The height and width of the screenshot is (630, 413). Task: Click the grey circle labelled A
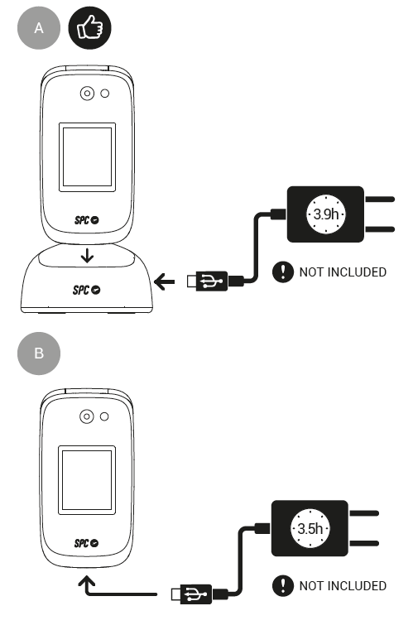pos(39,28)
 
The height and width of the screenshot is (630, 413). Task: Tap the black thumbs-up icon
pos(89,28)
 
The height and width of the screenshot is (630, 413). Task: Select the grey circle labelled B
pos(39,353)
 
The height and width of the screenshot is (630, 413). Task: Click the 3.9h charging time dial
pos(326,214)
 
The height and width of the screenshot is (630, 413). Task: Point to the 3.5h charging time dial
pos(310,528)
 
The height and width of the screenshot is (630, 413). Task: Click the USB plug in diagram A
pos(208,281)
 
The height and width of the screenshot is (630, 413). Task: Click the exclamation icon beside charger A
pos(283,272)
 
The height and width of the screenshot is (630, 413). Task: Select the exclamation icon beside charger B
pos(283,586)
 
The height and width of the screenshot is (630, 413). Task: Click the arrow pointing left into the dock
pos(165,281)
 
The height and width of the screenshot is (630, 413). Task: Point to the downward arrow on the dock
pos(87,255)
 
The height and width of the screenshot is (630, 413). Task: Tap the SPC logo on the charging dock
pos(87,290)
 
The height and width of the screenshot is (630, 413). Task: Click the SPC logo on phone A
pos(87,219)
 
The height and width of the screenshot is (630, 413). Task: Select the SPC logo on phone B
pos(87,543)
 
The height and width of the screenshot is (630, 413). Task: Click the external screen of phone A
pos(87,157)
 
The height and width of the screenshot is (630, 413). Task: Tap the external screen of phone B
pos(87,480)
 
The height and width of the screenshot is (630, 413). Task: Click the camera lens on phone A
pos(87,94)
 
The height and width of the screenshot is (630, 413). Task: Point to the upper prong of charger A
pos(379,200)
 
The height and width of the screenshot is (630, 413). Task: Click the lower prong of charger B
pos(364,544)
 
